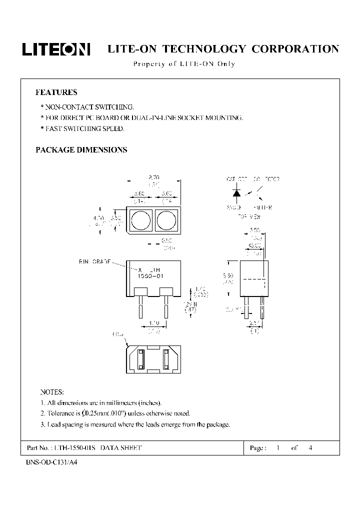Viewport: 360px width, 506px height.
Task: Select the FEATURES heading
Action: coord(56,92)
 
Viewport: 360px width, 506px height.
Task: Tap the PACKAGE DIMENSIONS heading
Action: coord(81,149)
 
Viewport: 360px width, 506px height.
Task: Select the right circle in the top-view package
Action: coord(165,220)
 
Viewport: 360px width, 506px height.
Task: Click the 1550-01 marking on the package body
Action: coord(152,275)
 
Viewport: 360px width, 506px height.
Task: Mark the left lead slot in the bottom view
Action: coord(140,359)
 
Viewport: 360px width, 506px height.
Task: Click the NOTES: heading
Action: coord(51,391)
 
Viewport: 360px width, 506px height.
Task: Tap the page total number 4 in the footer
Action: coord(311,448)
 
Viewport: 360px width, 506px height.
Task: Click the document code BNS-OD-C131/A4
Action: coord(51,462)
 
